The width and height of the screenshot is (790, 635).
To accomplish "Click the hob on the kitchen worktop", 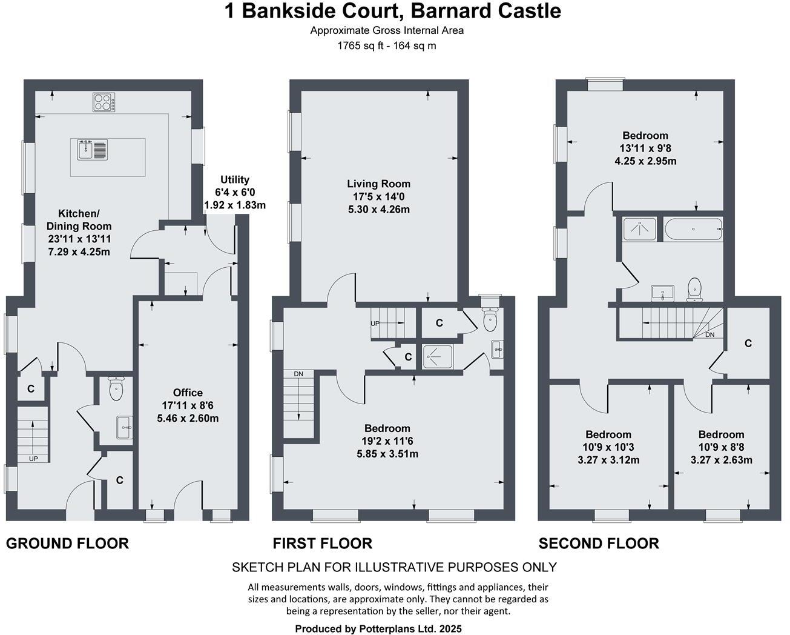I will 104,102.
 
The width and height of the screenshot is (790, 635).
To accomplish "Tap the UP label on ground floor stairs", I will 33,459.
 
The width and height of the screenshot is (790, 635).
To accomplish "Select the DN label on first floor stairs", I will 298,374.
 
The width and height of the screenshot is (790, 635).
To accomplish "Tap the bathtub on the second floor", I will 693,229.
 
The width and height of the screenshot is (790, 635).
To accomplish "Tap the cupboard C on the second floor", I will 748,344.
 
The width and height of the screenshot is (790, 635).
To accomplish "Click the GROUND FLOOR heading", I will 67,544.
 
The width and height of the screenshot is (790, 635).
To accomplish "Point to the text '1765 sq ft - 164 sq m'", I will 387,45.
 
